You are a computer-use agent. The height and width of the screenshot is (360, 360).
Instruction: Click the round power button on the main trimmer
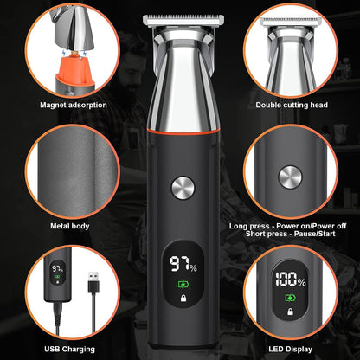(183, 188)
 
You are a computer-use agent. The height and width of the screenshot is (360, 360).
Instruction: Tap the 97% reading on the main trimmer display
(183, 264)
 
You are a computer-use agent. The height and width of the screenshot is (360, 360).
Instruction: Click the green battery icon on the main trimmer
(183, 285)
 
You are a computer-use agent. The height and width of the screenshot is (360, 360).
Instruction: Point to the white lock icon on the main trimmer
(183, 298)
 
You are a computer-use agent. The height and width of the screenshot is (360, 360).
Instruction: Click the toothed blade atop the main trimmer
(183, 21)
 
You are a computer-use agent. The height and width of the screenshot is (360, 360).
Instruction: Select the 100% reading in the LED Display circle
(290, 280)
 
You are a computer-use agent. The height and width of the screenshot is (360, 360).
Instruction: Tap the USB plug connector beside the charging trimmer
(93, 282)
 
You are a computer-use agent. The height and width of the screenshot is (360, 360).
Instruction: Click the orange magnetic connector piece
(75, 68)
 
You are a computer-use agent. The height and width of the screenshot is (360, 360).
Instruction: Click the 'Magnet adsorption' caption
(74, 105)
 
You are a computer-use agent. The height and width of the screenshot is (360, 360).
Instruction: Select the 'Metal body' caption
(70, 226)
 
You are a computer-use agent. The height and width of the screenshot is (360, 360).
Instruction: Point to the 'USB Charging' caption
(69, 350)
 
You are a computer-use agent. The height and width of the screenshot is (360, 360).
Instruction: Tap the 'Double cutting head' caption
(292, 105)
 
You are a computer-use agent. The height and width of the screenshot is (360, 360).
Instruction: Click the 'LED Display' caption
(291, 350)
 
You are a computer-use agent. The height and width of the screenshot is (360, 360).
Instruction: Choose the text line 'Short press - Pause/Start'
(291, 234)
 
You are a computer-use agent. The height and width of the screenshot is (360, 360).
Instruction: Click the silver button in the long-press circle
(290, 177)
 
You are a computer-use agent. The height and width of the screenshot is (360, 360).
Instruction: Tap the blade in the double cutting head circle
(291, 22)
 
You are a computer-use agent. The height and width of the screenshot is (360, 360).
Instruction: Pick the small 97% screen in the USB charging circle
(57, 273)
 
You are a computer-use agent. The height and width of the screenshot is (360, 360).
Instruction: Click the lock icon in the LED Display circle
(290, 312)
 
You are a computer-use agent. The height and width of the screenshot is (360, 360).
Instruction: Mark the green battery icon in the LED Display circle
(290, 298)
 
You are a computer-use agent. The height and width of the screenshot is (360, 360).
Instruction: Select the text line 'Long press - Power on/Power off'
(288, 226)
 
